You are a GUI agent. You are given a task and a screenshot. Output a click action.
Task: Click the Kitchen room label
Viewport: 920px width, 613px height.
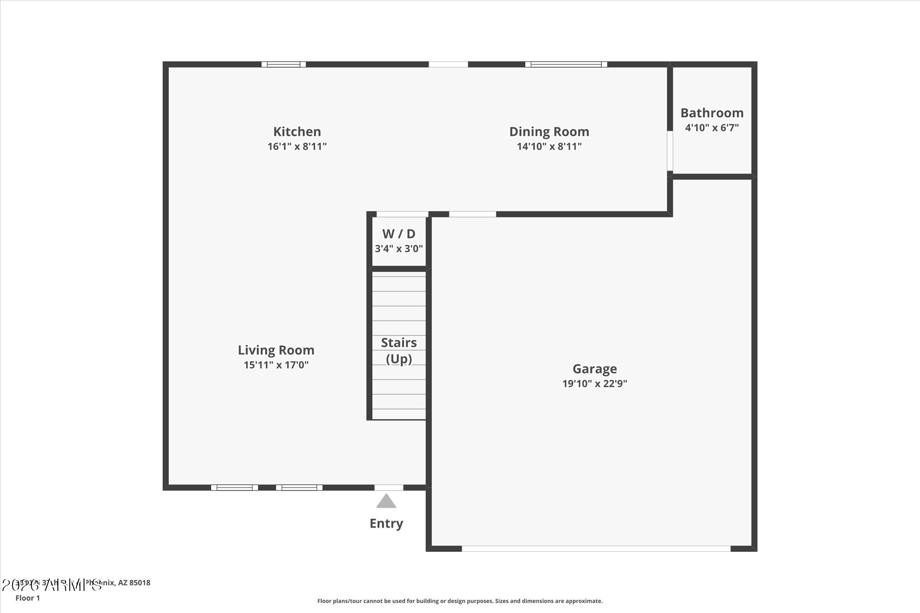click(297, 132)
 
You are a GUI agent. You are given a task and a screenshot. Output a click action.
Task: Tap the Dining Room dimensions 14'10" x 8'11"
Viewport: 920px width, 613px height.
click(549, 147)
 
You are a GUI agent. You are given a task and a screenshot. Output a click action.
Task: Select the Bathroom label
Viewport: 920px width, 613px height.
click(712, 113)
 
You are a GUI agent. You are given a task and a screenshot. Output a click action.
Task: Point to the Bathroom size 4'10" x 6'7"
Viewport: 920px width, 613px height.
click(712, 128)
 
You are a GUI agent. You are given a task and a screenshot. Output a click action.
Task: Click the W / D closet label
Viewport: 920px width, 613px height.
click(398, 234)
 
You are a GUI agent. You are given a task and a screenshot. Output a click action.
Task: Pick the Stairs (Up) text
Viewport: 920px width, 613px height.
click(398, 350)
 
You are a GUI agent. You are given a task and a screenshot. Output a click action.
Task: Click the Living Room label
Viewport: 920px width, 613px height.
click(276, 350)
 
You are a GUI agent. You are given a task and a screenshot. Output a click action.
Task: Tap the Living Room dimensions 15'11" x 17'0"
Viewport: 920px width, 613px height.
click(276, 365)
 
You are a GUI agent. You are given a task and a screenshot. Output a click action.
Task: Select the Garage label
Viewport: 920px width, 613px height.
click(594, 369)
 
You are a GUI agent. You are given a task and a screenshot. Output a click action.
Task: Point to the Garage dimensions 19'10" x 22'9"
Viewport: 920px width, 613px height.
click(594, 384)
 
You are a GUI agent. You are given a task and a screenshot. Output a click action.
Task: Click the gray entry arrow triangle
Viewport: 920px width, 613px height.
click(386, 501)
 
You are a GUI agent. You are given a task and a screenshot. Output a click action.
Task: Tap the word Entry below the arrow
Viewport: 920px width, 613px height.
click(386, 523)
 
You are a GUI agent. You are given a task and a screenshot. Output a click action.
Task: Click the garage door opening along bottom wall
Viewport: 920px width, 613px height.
click(596, 548)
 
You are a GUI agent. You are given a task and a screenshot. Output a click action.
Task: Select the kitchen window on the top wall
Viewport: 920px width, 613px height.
click(283, 64)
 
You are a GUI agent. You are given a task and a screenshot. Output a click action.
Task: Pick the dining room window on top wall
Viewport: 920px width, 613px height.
click(566, 64)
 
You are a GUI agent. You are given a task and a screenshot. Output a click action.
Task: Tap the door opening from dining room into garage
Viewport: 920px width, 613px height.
click(472, 214)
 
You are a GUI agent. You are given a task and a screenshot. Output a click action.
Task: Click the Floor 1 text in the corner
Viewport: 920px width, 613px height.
click(28, 598)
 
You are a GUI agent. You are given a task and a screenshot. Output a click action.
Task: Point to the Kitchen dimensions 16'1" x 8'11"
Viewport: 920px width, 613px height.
click(297, 147)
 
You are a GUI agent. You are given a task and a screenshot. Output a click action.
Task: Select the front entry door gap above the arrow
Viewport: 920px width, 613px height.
click(389, 487)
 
